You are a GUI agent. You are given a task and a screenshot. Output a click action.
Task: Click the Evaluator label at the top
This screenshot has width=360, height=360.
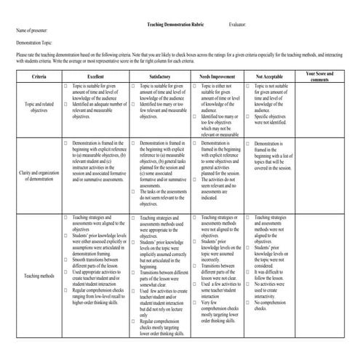237,24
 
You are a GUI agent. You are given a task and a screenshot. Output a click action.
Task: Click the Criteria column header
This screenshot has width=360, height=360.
36,76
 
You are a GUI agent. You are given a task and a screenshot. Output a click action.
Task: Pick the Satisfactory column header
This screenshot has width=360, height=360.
160,76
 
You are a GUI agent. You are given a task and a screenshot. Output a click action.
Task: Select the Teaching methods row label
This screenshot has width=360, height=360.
36,276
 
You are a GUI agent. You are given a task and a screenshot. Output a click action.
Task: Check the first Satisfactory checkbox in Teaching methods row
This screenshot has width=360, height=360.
133,217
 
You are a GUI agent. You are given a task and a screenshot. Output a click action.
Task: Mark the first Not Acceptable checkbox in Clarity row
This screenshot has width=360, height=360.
251,144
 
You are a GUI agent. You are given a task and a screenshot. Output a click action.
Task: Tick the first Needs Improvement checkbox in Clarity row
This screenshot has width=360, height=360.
194,144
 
